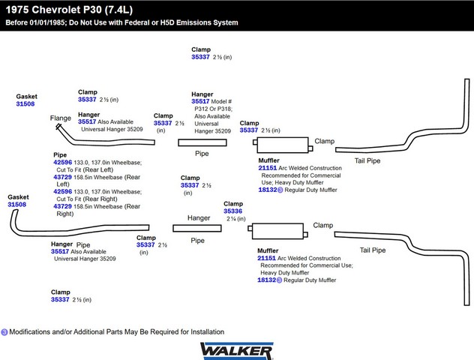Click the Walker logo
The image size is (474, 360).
click(237, 351)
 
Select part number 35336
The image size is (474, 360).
click(232, 211)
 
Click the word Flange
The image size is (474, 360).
click(61, 118)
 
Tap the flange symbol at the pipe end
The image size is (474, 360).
click(58, 126)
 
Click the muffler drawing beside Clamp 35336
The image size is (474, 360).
click(277, 231)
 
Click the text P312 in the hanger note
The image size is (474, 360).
click(202, 109)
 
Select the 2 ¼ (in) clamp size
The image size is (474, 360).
click(236, 218)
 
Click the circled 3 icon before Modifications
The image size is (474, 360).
click(4, 332)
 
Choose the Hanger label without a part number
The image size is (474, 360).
click(199, 218)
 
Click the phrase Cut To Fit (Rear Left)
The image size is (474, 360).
click(85, 169)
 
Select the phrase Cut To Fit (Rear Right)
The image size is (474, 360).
click(87, 199)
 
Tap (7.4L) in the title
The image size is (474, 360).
click(118, 10)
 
